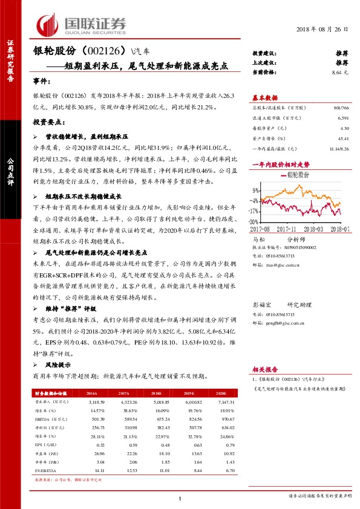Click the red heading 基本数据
pyautogui.click(x=264, y=97)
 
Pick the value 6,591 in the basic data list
pyautogui.click(x=342, y=118)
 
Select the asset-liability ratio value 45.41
pyautogui.click(x=342, y=138)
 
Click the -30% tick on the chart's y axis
pyautogui.click(x=255, y=222)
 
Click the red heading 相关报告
pyautogui.click(x=264, y=368)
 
